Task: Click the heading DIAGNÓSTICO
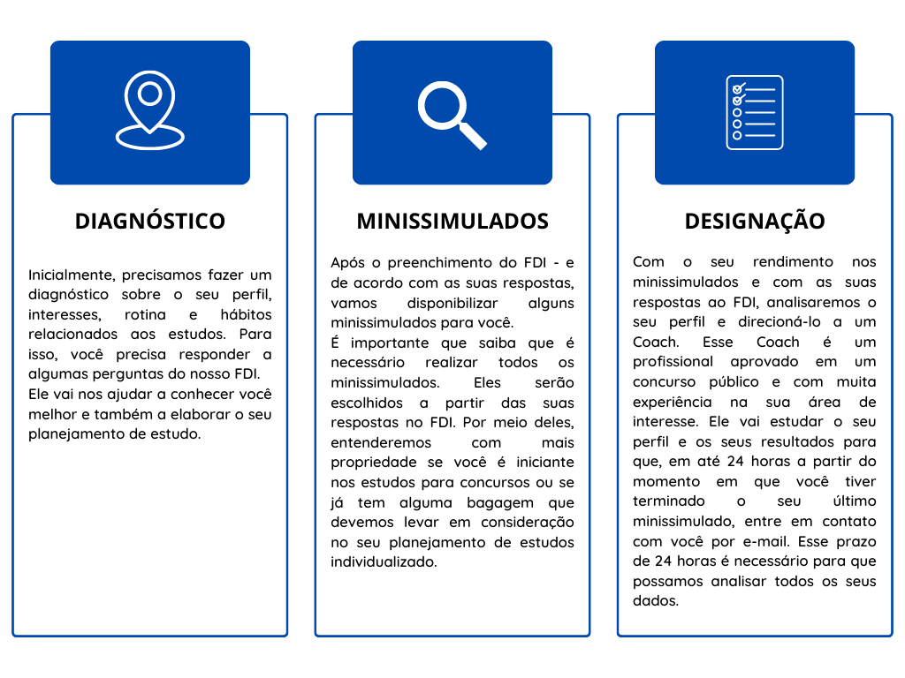[150, 221]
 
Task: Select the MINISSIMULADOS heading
[452, 222]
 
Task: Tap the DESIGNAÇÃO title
[755, 222]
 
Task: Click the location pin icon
[150, 110]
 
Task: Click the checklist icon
[755, 112]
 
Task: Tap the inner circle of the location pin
[150, 94]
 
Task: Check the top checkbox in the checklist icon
[738, 89]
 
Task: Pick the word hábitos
[246, 314]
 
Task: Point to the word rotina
[145, 315]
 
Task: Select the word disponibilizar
[452, 304]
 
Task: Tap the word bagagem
[500, 503]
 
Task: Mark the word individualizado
[384, 562]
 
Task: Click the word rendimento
[793, 262]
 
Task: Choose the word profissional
[673, 362]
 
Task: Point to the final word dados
[656, 601]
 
